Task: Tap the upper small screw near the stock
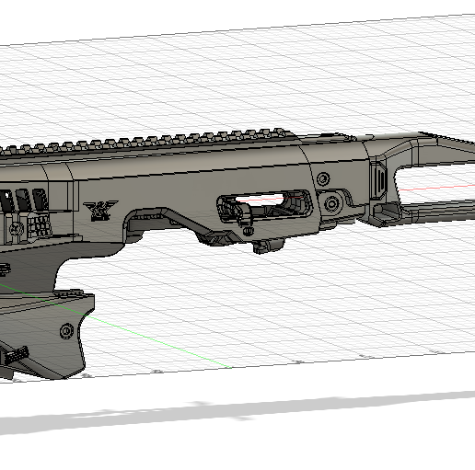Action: tap(323, 178)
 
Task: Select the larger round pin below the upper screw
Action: tap(334, 202)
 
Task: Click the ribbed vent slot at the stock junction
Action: tap(378, 179)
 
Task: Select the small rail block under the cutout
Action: tap(268, 246)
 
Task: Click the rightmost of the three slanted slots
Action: tap(39, 200)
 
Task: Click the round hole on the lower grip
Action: tap(64, 330)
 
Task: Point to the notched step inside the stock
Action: tap(391, 212)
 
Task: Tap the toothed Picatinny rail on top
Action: tap(184, 139)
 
